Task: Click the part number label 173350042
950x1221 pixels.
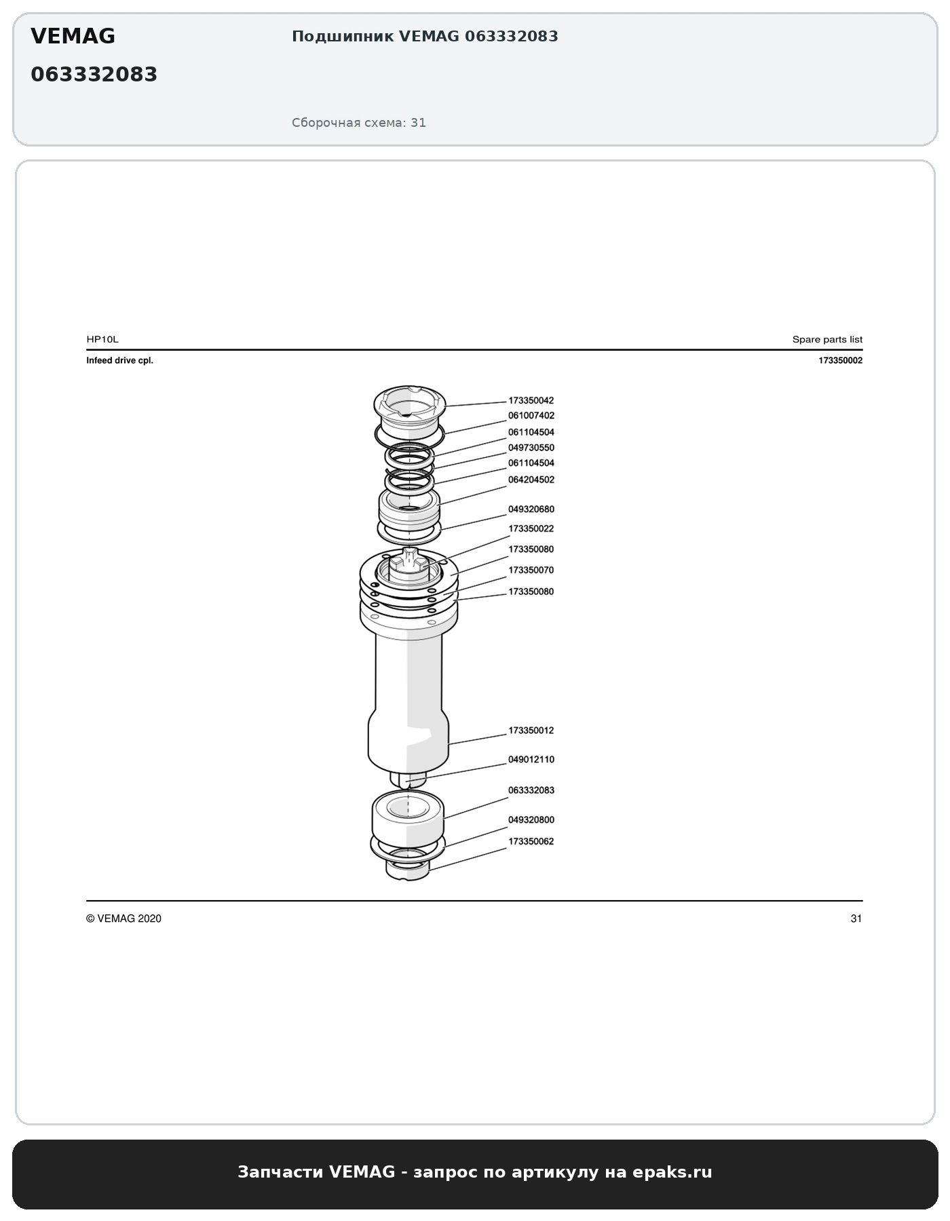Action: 531,401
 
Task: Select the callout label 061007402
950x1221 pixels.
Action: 531,416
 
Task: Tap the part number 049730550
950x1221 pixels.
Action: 531,448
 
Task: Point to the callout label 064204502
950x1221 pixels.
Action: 531,480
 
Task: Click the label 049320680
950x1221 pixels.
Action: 531,509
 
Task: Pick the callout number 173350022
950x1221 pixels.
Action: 531,528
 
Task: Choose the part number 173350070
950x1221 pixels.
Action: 531,570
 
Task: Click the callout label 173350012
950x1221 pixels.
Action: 531,731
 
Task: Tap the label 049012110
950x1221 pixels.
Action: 531,760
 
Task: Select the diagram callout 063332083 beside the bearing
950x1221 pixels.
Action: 531,790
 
